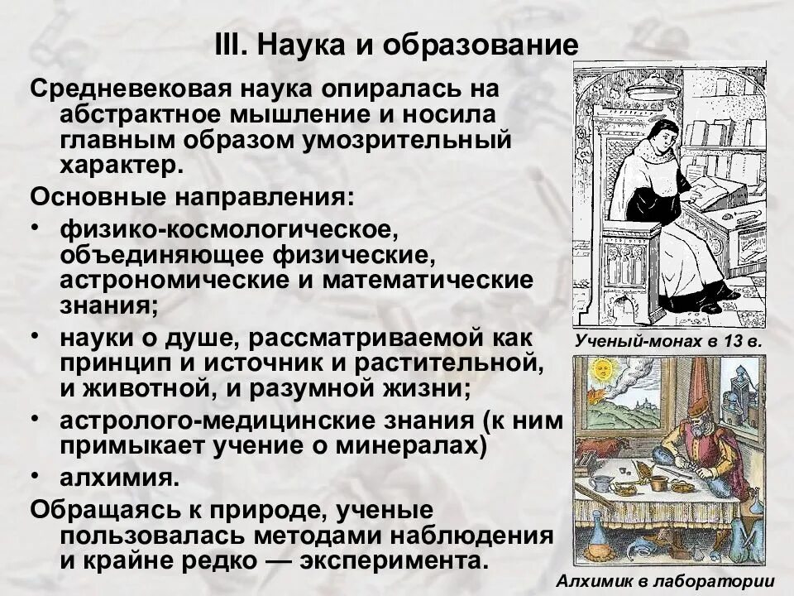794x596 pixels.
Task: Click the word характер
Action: point(118,164)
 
